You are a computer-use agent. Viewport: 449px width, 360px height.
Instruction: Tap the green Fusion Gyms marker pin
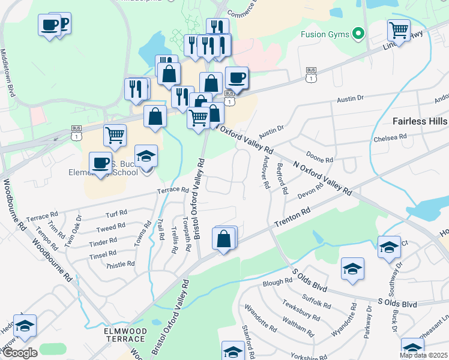359,34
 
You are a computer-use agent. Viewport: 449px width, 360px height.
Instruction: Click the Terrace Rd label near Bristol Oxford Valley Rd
173,190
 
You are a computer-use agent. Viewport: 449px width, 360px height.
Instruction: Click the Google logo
19,353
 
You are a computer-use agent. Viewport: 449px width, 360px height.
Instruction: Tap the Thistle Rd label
119,265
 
